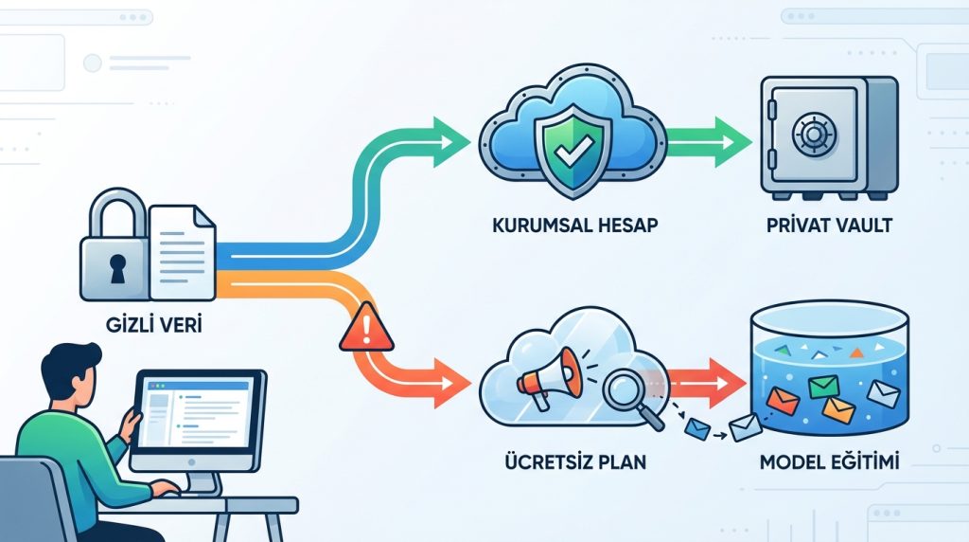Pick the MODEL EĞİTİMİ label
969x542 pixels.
click(x=828, y=465)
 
